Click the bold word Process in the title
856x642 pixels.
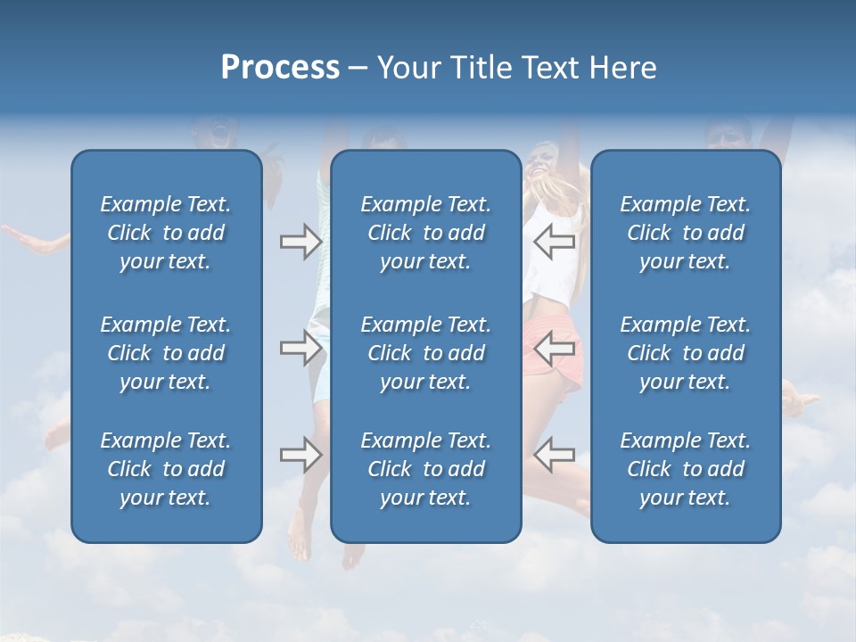click(x=280, y=68)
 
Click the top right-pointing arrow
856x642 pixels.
click(x=300, y=242)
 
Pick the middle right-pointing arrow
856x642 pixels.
click(x=300, y=348)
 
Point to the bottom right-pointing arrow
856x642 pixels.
click(x=300, y=455)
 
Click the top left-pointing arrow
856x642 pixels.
click(x=554, y=242)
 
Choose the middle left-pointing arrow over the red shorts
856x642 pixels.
click(x=554, y=348)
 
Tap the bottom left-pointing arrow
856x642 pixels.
click(x=554, y=455)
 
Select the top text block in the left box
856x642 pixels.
click(x=166, y=233)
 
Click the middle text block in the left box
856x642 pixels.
click(x=166, y=353)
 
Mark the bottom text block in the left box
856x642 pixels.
click(x=166, y=469)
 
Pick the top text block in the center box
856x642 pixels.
click(x=425, y=233)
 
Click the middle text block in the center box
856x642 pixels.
click(x=425, y=353)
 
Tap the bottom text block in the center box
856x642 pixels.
click(x=425, y=469)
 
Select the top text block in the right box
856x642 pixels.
click(x=685, y=233)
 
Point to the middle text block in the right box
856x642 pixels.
click(x=685, y=353)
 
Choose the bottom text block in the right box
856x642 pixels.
click(x=685, y=469)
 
